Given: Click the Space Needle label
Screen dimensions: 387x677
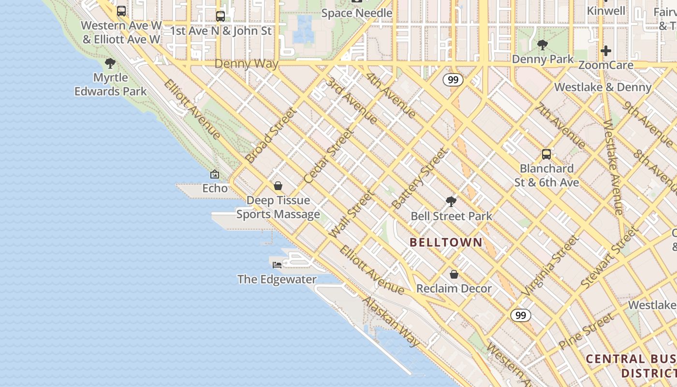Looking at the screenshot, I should pos(356,13).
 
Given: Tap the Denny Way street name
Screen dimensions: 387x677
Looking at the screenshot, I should pos(246,64).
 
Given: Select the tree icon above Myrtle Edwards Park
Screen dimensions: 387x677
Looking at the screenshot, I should pos(110,63).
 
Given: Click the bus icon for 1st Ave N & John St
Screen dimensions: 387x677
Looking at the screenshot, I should pos(221,16).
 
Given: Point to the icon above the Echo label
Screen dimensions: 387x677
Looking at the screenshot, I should pos(215,174).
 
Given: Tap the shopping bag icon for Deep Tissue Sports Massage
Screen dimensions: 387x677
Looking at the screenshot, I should pos(278,186).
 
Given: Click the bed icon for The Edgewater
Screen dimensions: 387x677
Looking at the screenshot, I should pos(277,265).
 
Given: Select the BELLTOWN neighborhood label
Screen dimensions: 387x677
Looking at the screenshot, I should pos(446,242).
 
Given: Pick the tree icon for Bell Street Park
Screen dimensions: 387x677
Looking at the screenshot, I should pos(451,201).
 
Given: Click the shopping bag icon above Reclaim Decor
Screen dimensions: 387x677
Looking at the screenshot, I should pos(454,274).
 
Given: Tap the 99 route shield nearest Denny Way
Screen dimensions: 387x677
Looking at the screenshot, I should pos(453,80).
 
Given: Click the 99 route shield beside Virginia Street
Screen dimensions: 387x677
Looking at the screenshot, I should pos(520,315).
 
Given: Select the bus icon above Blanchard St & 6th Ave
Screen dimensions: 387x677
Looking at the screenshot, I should pos(546,154).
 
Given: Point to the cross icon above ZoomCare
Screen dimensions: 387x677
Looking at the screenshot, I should pos(605,50).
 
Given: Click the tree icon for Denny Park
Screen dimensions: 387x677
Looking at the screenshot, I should pos(543,45).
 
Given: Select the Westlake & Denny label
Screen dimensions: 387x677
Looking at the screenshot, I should pos(603,87).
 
